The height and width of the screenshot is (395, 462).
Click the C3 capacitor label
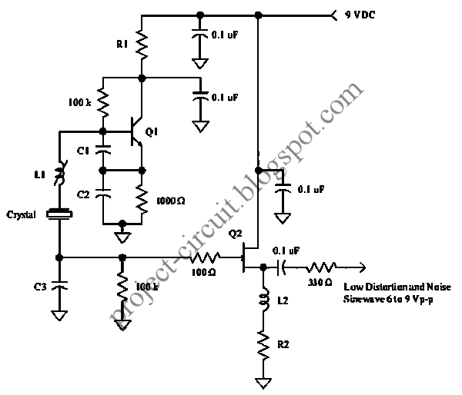pyautogui.click(x=38, y=287)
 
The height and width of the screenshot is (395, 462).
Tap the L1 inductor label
pyautogui.click(x=39, y=176)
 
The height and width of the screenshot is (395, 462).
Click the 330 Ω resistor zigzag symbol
pyautogui.click(x=321, y=267)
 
